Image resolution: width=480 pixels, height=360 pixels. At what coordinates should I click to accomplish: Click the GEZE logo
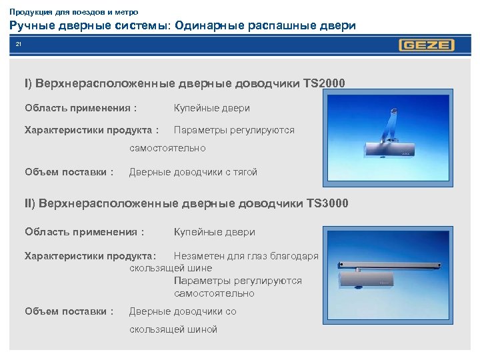click(427, 45)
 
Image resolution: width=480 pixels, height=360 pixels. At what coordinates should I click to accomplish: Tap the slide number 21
click(19, 45)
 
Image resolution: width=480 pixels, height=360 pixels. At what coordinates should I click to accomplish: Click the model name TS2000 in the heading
click(324, 84)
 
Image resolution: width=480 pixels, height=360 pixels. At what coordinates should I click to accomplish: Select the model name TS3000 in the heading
click(325, 203)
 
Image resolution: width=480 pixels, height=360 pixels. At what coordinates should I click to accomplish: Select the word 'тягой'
click(243, 172)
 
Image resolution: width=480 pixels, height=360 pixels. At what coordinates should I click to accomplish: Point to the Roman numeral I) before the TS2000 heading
click(28, 84)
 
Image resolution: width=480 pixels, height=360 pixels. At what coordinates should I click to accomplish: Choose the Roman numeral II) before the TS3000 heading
click(29, 203)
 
